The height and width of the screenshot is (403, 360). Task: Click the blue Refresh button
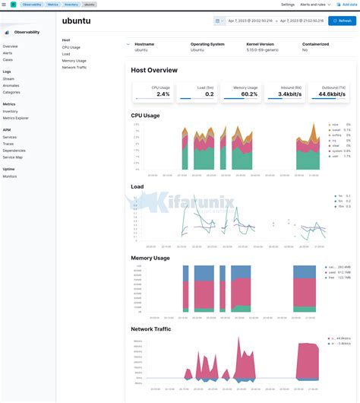click(x=342, y=21)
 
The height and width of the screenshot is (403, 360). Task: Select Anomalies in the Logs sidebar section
click(x=11, y=85)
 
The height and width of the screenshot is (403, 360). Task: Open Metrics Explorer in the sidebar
click(x=15, y=118)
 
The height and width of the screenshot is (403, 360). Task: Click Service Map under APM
click(x=12, y=157)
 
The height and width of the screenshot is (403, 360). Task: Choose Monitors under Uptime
click(x=10, y=176)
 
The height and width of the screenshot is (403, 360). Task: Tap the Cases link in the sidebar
click(x=8, y=59)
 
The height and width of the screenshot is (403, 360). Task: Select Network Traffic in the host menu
click(x=74, y=68)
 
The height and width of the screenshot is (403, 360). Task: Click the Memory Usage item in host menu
click(x=74, y=61)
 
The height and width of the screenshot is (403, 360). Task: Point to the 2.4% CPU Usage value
click(x=163, y=94)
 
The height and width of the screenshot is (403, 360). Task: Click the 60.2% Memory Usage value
click(x=249, y=94)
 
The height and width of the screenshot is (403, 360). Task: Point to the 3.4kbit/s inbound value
click(x=292, y=94)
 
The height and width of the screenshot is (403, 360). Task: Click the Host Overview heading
click(x=154, y=70)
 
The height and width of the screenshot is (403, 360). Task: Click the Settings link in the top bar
click(x=288, y=5)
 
